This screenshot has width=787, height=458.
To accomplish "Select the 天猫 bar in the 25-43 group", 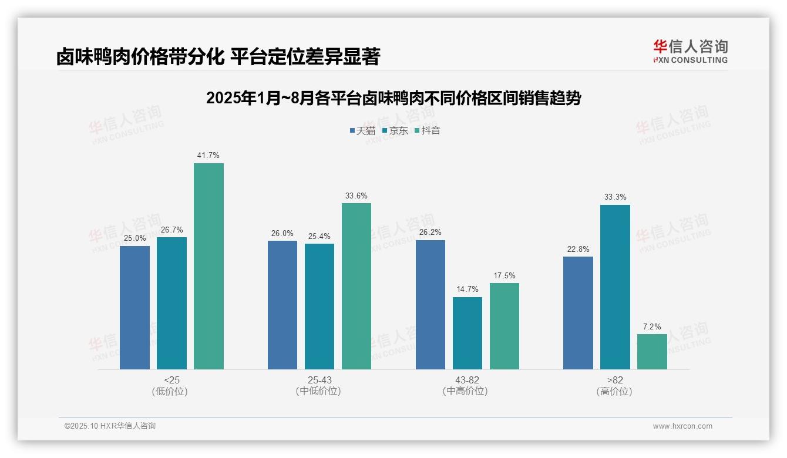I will (282, 305).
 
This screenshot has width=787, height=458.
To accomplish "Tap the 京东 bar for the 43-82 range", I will (468, 333).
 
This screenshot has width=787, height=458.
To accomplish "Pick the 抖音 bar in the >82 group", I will (652, 352).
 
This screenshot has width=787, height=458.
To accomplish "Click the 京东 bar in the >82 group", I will (615, 287).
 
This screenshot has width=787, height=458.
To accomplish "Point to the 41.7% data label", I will (208, 156).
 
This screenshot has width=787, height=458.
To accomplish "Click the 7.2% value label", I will (652, 327).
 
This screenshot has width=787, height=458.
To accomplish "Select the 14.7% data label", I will (468, 289).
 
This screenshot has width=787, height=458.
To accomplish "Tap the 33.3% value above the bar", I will (615, 197).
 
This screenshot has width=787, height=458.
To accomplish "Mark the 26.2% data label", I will (431, 233).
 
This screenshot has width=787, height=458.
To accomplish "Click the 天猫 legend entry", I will (362, 130).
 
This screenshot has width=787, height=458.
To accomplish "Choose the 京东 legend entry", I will (395, 130).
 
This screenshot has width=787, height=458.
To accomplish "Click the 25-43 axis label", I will (319, 380).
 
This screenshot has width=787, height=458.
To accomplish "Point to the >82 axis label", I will (615, 380).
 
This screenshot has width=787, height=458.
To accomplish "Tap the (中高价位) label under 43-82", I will (467, 391).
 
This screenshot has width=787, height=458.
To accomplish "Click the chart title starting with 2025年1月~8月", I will (393, 98).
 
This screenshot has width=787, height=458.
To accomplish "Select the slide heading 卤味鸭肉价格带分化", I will (218, 56).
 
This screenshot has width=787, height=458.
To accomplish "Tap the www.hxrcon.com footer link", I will (682, 426).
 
